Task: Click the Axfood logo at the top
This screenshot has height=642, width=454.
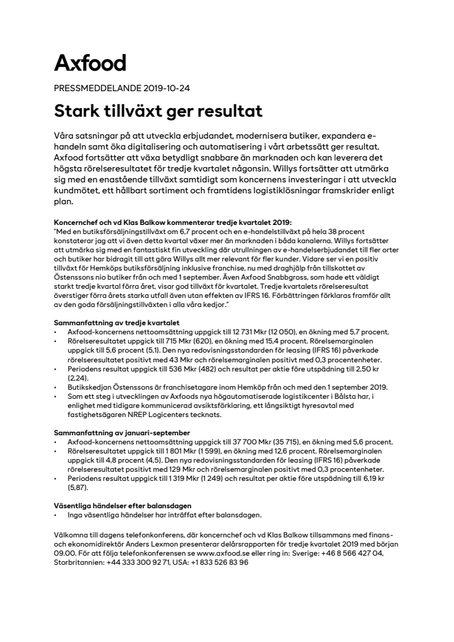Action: pos(90,63)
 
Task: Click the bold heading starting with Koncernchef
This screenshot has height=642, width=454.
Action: pos(172,223)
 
